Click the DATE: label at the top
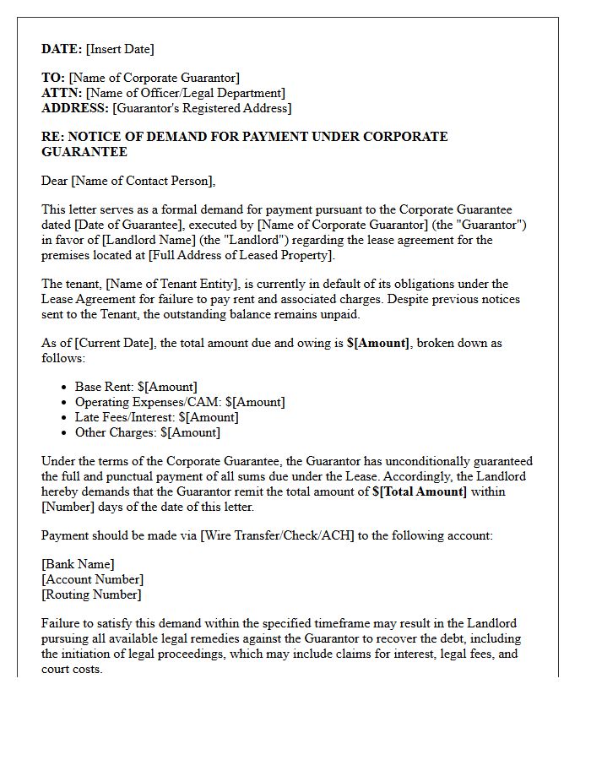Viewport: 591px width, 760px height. [x=62, y=49]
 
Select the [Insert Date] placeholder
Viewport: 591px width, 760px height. [x=120, y=49]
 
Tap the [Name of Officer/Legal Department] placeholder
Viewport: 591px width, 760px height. [x=186, y=93]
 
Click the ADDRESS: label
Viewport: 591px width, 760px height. [x=75, y=108]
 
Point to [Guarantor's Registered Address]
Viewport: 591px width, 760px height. [x=202, y=108]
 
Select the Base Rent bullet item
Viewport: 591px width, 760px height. [x=136, y=387]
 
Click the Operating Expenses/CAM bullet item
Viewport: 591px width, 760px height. [x=180, y=402]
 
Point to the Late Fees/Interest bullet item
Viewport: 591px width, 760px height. [x=157, y=417]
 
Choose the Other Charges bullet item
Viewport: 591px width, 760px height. [x=148, y=432]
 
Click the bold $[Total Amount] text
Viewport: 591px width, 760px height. [x=419, y=491]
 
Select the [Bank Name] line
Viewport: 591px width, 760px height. [x=78, y=564]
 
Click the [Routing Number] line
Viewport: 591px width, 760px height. [x=91, y=594]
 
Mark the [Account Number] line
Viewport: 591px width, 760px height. [x=92, y=579]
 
